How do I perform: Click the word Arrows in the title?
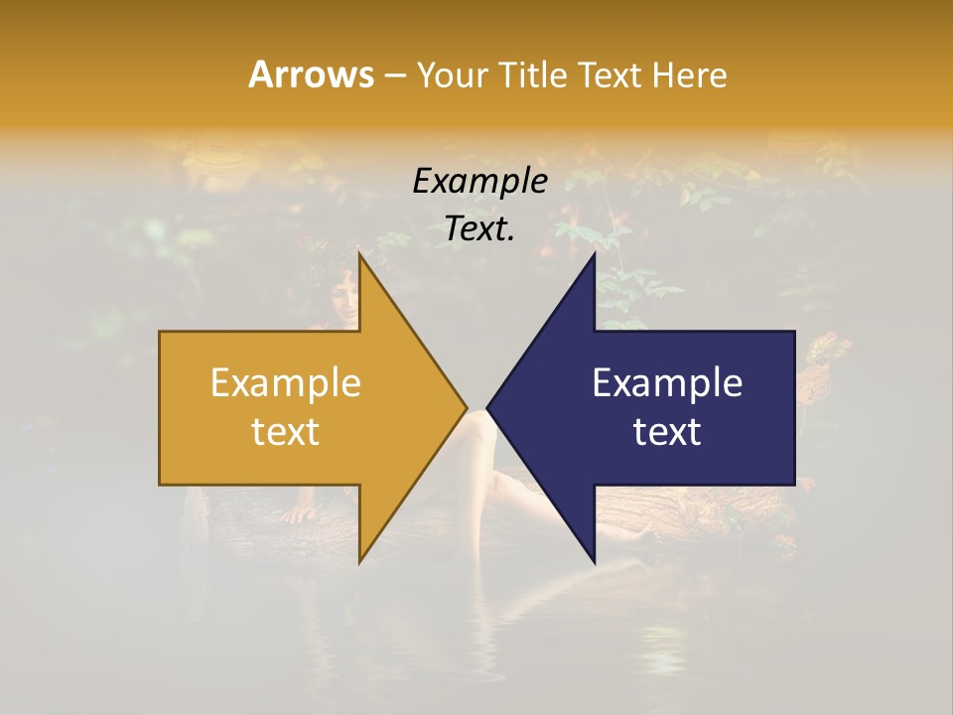click(311, 74)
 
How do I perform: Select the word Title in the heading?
click(536, 74)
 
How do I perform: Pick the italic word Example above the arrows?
click(480, 182)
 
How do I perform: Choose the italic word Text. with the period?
click(480, 229)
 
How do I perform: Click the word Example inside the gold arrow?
click(286, 383)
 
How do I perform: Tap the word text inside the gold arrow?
click(286, 432)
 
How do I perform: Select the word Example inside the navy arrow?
click(667, 383)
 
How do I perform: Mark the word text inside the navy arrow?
click(667, 432)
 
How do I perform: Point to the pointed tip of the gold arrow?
click(467, 407)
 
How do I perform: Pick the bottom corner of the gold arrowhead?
click(359, 562)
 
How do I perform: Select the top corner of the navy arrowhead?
click(595, 253)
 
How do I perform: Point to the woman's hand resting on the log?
click(298, 514)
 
